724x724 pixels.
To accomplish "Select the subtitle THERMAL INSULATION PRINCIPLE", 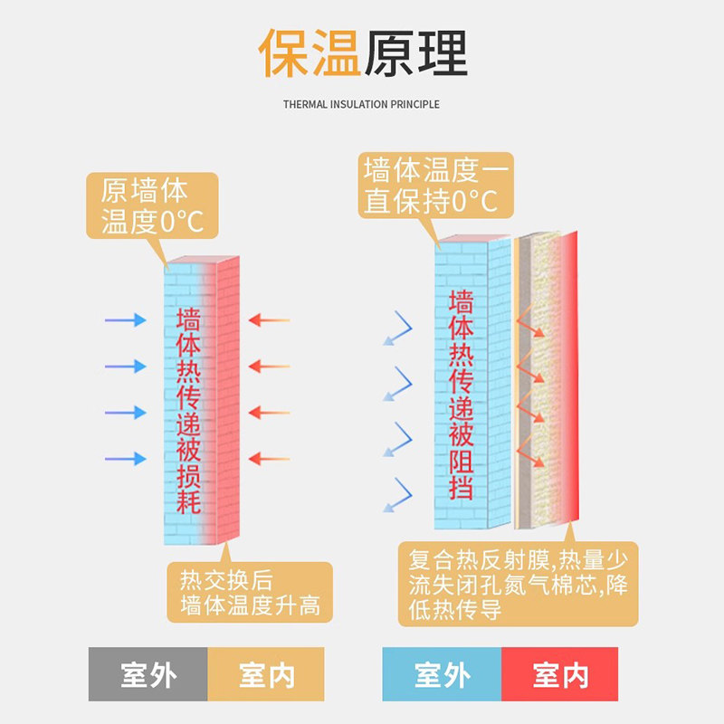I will (361, 104).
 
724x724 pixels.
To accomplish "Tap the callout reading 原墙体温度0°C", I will (152, 206).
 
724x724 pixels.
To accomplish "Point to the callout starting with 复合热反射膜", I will (518, 584).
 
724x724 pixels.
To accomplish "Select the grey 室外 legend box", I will (148, 674).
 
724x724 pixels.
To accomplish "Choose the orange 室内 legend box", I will (266, 674).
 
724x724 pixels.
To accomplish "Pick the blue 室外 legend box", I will (442, 674).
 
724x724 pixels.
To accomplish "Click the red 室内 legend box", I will (560, 674).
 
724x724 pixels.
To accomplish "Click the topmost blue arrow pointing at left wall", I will (125, 319).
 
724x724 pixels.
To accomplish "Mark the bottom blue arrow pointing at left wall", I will (125, 459).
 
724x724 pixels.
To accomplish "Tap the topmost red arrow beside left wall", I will (269, 319).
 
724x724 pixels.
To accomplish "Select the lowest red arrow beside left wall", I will (269, 459).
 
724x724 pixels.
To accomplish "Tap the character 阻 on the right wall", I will (462, 462).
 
